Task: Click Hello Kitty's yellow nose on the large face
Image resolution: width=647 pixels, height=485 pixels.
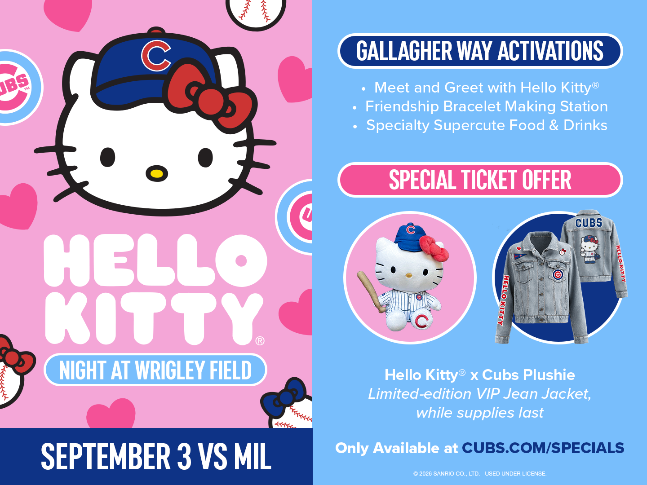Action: point(157,173)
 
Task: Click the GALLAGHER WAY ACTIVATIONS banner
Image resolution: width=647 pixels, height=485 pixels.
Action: point(480,51)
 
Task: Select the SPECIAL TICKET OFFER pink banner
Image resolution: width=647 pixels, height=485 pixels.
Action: point(480,180)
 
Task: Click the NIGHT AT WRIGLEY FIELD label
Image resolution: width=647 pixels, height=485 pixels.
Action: point(155,370)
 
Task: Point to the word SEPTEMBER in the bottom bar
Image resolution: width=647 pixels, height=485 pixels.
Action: point(106,456)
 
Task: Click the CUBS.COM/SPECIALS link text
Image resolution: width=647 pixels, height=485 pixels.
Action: point(543,448)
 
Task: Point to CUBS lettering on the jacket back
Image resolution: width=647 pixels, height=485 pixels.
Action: point(589,223)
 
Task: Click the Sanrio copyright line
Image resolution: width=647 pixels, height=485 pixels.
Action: point(479,473)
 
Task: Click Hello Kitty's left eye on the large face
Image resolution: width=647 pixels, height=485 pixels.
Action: point(107,157)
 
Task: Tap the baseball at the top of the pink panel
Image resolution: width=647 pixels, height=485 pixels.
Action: point(256,14)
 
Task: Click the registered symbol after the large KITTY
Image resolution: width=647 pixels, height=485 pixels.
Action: point(260,341)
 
